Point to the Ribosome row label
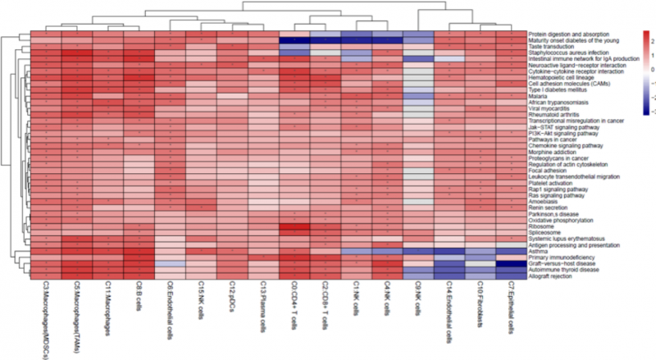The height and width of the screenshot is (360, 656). coord(540,226)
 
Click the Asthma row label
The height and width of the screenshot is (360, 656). coord(538,251)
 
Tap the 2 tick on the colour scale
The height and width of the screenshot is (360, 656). coord(649,39)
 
